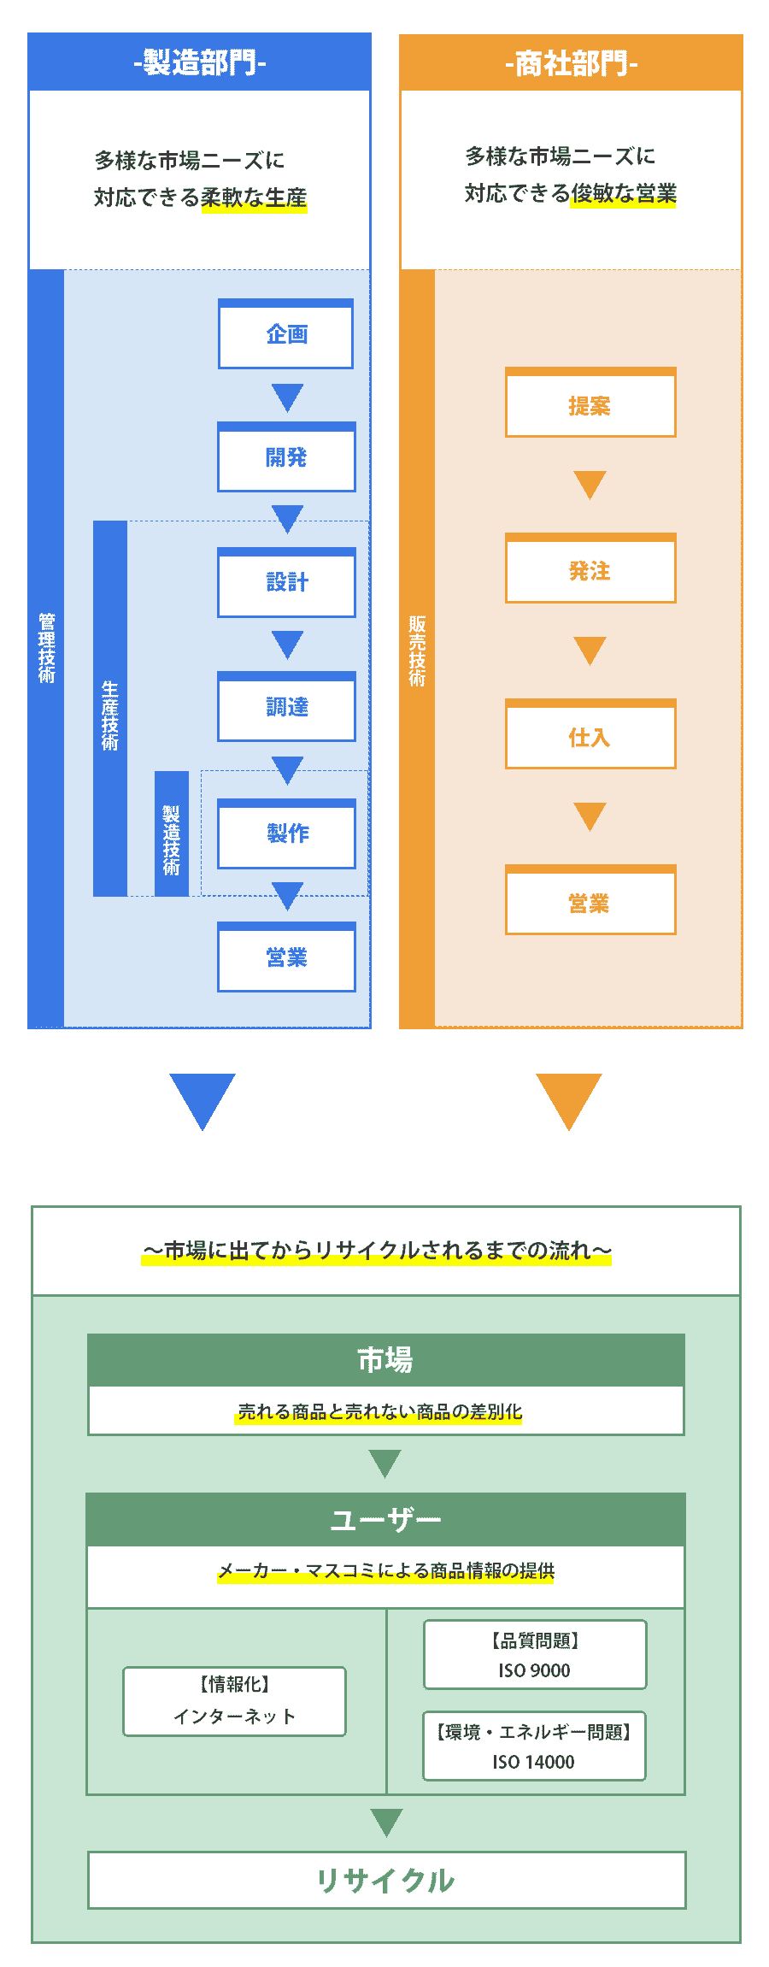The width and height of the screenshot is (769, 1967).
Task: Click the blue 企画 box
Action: pyautogui.click(x=286, y=334)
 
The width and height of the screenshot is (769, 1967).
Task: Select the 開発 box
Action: pyautogui.click(x=286, y=457)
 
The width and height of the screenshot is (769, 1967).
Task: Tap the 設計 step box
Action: pyautogui.click(x=286, y=582)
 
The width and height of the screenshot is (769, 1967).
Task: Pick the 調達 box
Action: pyautogui.click(x=286, y=707)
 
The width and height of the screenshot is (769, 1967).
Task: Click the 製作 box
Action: pyautogui.click(x=286, y=833)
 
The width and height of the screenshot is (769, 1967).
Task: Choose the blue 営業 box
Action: pyautogui.click(x=286, y=957)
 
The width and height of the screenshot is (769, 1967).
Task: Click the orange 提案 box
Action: pyautogui.click(x=590, y=406)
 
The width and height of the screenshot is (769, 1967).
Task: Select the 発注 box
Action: pyautogui.click(x=590, y=571)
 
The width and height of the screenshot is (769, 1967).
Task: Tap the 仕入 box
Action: pyautogui.click(x=590, y=737)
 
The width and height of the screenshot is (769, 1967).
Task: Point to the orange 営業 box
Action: pyautogui.click(x=590, y=903)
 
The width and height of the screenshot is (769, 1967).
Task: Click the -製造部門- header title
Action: pyautogui.click(x=200, y=62)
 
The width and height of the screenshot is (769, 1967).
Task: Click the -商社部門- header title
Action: pyautogui.click(x=571, y=63)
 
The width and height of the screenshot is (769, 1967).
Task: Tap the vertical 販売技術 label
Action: pyautogui.click(x=417, y=651)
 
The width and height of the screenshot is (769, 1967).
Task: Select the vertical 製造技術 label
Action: pyautogui.click(x=172, y=839)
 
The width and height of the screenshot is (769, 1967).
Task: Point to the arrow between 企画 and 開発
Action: pyautogui.click(x=287, y=397)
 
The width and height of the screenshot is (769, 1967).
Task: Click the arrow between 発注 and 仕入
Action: pyautogui.click(x=590, y=650)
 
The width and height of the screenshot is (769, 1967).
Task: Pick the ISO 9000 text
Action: pyautogui.click(x=534, y=1670)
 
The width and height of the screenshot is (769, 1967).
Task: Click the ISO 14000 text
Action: pyautogui.click(x=533, y=1762)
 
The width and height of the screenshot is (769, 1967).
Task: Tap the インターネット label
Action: pyautogui.click(x=234, y=1717)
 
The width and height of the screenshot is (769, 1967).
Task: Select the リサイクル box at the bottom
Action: pyautogui.click(x=386, y=1881)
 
